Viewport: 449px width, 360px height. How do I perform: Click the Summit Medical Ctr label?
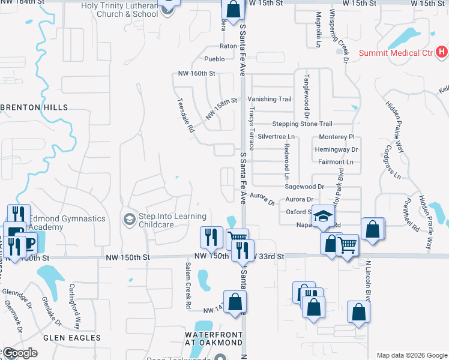(396, 53)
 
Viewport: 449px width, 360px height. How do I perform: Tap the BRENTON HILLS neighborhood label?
(30, 107)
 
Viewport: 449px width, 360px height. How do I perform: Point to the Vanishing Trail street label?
(270, 99)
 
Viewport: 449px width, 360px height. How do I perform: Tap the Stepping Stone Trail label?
(301, 124)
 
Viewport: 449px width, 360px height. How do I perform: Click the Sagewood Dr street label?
(304, 187)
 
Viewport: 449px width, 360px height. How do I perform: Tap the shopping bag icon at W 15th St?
(233, 9)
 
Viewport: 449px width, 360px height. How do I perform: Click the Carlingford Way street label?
(77, 305)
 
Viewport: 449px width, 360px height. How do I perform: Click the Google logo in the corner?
(20, 352)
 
